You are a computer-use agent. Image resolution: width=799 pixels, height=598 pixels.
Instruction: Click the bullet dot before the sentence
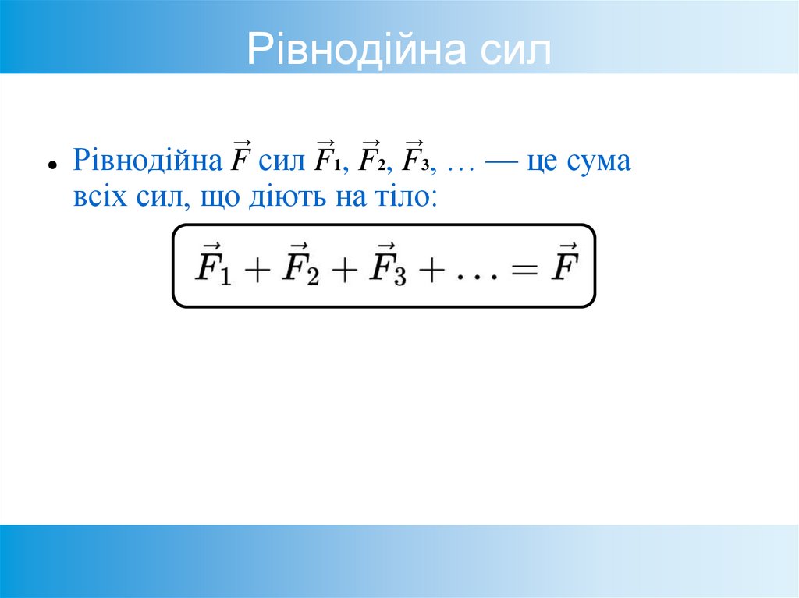51,166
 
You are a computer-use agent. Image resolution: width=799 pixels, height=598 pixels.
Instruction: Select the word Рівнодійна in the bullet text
148,163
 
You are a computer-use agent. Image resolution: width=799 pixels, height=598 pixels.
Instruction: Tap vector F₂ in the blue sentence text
369,160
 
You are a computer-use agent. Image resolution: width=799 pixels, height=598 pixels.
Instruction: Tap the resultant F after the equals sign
563,265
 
